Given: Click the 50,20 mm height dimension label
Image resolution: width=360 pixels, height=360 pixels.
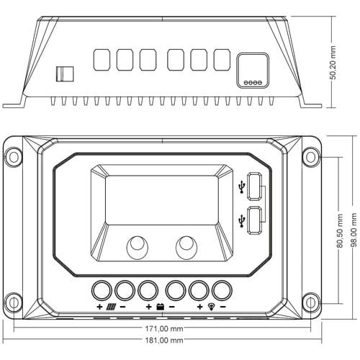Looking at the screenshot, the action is tap(333, 63).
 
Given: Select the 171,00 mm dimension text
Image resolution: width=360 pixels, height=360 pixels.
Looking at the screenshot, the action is tap(164, 328).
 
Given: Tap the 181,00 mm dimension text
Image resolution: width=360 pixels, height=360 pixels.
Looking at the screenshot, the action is tap(164, 340).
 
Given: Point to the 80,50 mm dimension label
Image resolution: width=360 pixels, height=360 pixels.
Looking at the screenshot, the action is tap(340, 231).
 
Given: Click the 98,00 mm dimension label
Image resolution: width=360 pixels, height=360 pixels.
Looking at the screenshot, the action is tap(354, 230).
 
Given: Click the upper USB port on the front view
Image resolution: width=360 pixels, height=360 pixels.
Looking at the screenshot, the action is tap(255, 186).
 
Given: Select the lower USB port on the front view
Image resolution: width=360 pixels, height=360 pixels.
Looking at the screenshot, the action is tap(255, 220).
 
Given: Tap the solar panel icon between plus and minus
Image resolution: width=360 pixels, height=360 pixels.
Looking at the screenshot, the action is tap(112, 307).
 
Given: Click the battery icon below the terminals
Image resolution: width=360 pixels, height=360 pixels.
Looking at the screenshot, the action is tap(161, 307).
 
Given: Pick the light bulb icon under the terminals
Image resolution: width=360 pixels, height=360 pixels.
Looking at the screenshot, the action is tap(211, 307).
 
